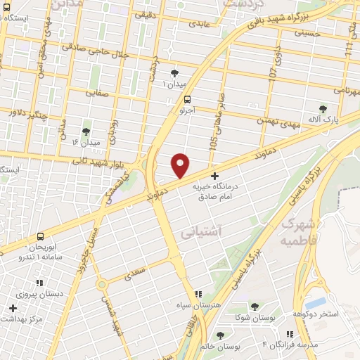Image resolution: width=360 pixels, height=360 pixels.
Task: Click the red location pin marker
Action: tap(181, 166)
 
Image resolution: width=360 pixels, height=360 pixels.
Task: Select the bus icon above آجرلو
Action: tap(187, 99)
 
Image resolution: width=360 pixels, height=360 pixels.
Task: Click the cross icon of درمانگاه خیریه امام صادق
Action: tap(214, 174)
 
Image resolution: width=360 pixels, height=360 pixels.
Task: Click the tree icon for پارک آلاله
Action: tap(323, 108)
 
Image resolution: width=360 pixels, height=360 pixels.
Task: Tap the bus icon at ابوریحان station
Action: tap(41, 236)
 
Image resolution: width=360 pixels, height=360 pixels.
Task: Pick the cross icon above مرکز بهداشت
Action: tap(13, 308)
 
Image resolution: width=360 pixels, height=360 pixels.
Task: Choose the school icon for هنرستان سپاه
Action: tap(198, 293)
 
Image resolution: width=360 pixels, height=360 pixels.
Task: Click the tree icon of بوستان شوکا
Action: tap(254, 307)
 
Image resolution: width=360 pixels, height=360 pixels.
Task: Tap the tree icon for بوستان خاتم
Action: tap(221, 335)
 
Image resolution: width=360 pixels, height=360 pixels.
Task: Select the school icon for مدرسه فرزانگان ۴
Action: tap(287, 335)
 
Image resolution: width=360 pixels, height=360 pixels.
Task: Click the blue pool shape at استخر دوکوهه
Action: tap(316, 302)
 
